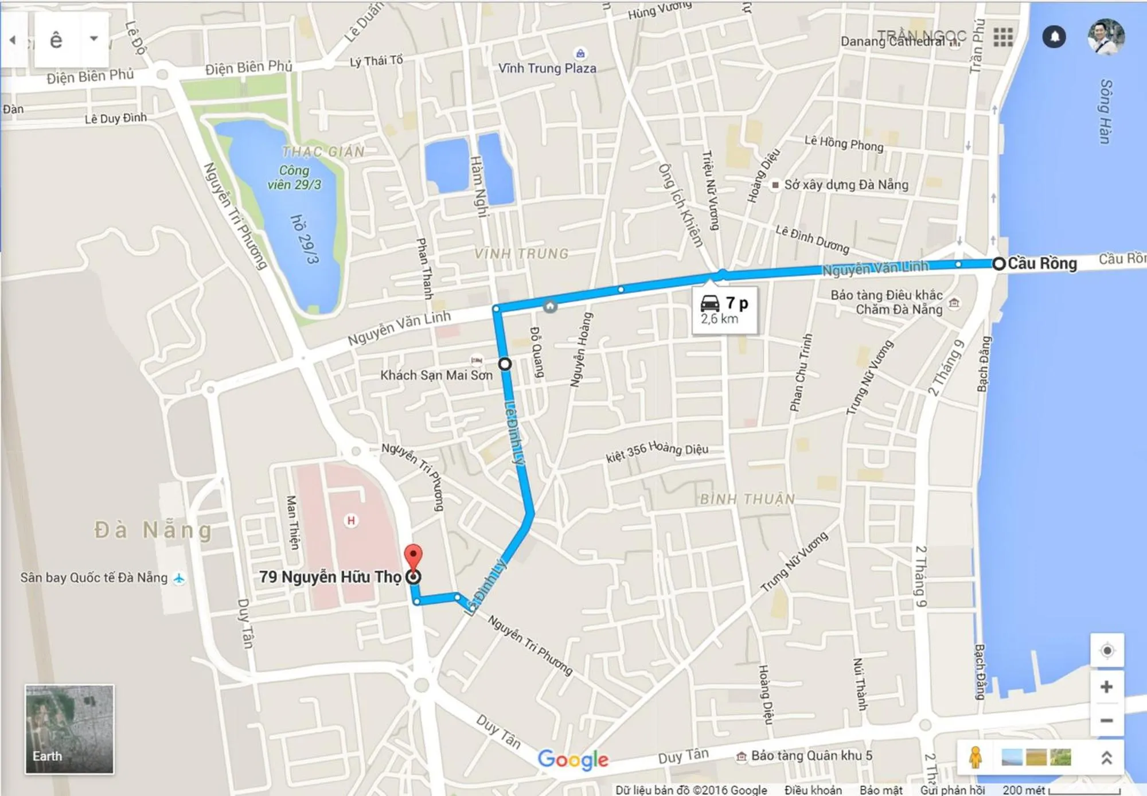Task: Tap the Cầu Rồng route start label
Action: click(x=1041, y=263)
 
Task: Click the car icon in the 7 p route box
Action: click(x=710, y=303)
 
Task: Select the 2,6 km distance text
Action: click(x=719, y=319)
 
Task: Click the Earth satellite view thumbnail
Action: click(x=69, y=729)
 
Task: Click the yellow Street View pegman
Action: click(x=975, y=757)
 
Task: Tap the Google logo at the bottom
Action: click(x=573, y=759)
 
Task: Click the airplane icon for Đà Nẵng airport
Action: click(x=179, y=578)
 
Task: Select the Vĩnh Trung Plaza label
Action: click(x=547, y=68)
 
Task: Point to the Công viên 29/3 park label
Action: click(x=294, y=177)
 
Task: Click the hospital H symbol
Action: click(x=351, y=520)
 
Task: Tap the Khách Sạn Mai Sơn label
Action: click(x=436, y=375)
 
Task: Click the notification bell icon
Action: click(x=1054, y=37)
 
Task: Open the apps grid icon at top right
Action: click(x=1003, y=37)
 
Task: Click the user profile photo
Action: click(x=1106, y=37)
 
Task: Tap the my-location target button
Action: click(x=1107, y=651)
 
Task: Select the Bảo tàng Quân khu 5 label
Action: click(x=811, y=755)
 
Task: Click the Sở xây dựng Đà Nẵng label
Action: click(x=846, y=185)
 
